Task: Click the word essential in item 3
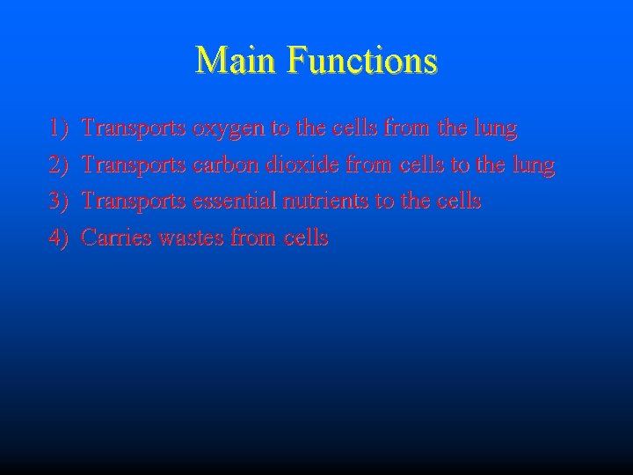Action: pos(233,201)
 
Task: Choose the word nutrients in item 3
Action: pos(325,201)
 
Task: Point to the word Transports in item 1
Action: pos(133,130)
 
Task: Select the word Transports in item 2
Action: pos(133,165)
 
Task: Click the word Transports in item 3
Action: pos(133,201)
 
